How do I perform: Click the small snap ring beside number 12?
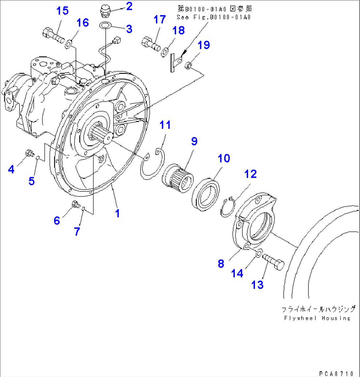pyautogui.click(x=227, y=207)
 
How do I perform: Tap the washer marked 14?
pyautogui.click(x=259, y=253)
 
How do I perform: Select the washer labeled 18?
pyautogui.click(x=165, y=51)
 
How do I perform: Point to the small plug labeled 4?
pyautogui.click(x=29, y=153)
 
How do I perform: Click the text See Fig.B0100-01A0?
pyautogui.click(x=213, y=17)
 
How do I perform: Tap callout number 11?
pyautogui.click(x=165, y=125)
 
